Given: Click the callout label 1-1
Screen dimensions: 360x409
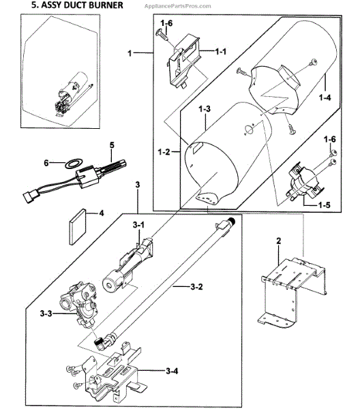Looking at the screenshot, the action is click(x=220, y=52).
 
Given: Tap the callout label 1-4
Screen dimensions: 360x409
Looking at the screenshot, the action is click(x=325, y=97).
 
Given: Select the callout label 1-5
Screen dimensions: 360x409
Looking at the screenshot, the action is click(x=324, y=204).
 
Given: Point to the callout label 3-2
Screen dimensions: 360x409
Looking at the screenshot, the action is click(x=196, y=287).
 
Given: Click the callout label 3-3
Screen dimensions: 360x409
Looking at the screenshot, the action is click(x=46, y=314).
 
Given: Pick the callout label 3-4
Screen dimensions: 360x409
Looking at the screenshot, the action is click(x=172, y=371).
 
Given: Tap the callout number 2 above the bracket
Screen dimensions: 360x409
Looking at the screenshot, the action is click(x=279, y=241).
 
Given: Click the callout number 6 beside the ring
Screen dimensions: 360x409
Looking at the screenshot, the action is click(x=46, y=163).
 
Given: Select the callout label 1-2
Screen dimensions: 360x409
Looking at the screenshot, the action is click(x=164, y=151).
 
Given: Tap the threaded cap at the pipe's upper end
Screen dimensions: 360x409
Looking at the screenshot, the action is click(x=231, y=221).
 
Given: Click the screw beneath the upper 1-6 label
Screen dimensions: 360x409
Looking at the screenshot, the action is click(x=162, y=35).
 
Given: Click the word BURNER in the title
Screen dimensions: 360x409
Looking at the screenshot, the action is click(x=104, y=5).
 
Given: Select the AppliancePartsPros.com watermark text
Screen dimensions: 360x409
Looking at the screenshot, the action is click(x=177, y=6).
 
